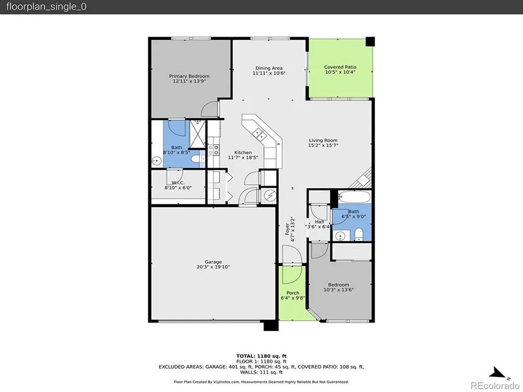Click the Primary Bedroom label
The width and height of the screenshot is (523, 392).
(x=189, y=76)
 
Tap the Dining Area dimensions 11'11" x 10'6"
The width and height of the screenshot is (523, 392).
(x=269, y=73)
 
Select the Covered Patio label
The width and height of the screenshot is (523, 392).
(x=340, y=67)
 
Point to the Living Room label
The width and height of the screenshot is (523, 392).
(x=323, y=140)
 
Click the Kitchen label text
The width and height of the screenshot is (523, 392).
(x=243, y=152)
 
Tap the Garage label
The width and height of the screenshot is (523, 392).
(x=213, y=262)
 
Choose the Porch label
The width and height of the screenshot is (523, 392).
(x=293, y=293)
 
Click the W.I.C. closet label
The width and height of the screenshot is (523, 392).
(x=178, y=182)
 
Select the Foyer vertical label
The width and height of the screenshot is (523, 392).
(x=288, y=229)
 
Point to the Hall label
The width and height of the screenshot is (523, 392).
(x=319, y=222)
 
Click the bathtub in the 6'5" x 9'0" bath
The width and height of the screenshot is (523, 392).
(x=354, y=197)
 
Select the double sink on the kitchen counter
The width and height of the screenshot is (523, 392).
(x=259, y=134)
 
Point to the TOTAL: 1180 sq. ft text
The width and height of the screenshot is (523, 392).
(x=261, y=356)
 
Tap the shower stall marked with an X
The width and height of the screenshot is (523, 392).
(x=197, y=134)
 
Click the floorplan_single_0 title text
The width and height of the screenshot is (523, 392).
(x=47, y=7)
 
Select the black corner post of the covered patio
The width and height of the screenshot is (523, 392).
(x=370, y=42)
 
